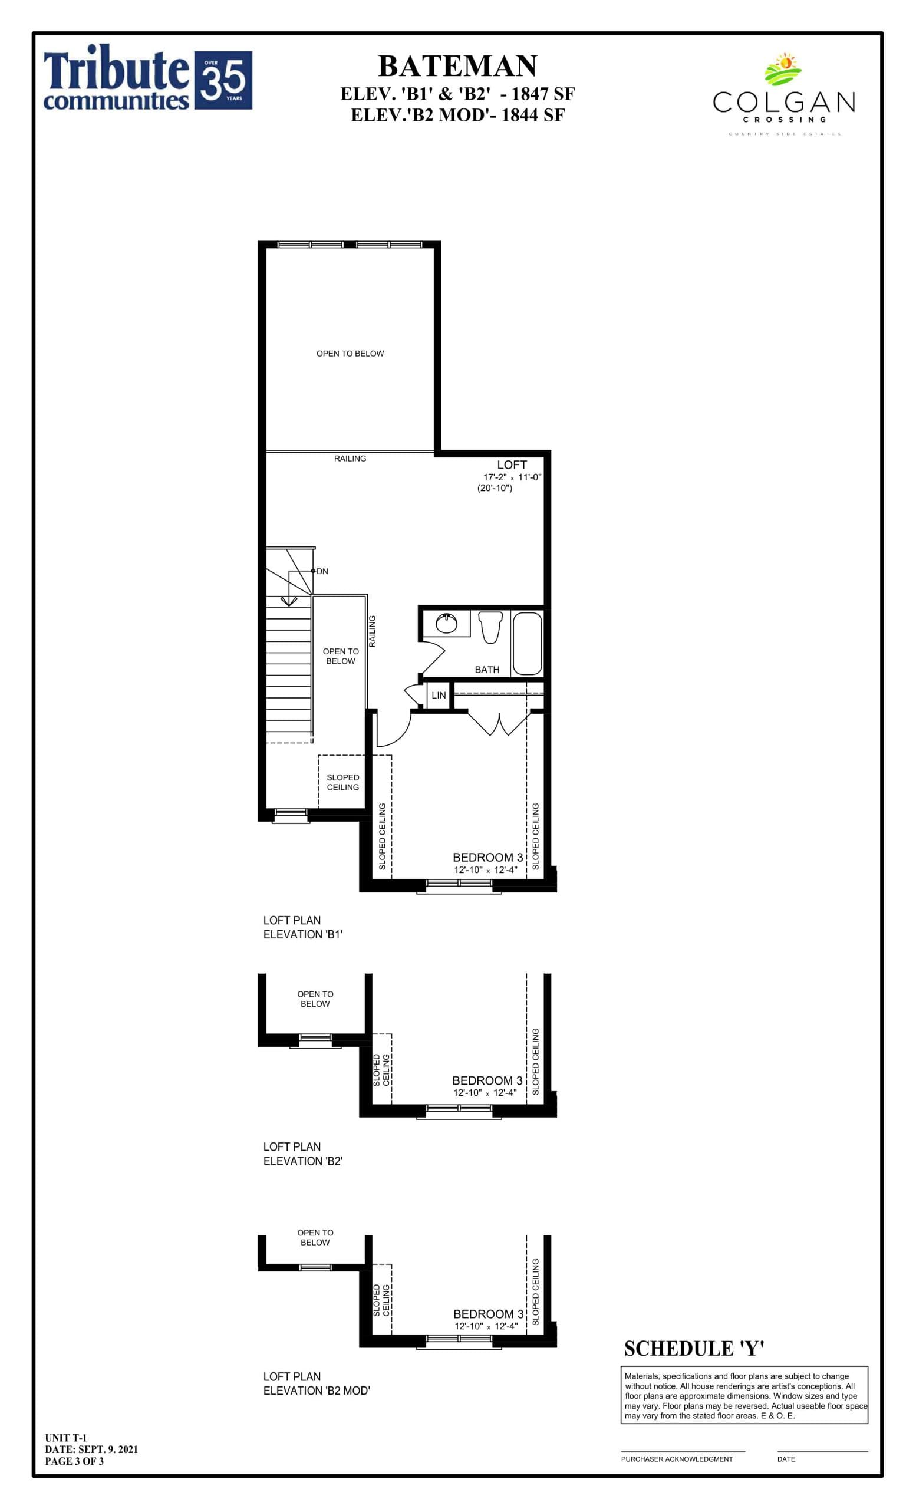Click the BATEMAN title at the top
pos(457,66)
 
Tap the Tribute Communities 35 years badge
pos(223,80)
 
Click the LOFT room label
pos(511,465)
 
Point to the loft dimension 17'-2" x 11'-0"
pos(512,477)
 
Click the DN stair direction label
pos(322,571)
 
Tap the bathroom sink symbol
pos(446,624)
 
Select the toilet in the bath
pos(490,627)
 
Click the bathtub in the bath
pos(527,643)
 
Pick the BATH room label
pos(487,670)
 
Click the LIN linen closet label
pos(439,696)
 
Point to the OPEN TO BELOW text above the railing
pos(350,354)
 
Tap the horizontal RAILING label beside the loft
pos(350,459)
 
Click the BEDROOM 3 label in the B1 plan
pos(487,858)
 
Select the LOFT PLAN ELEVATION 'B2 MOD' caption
pos(316,1383)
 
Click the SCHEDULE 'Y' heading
pos(694,1349)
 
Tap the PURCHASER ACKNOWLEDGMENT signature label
pos(677,1459)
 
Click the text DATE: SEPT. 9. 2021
pos(91,1449)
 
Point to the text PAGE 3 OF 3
pos(74,1461)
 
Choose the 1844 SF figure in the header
pos(533,115)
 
